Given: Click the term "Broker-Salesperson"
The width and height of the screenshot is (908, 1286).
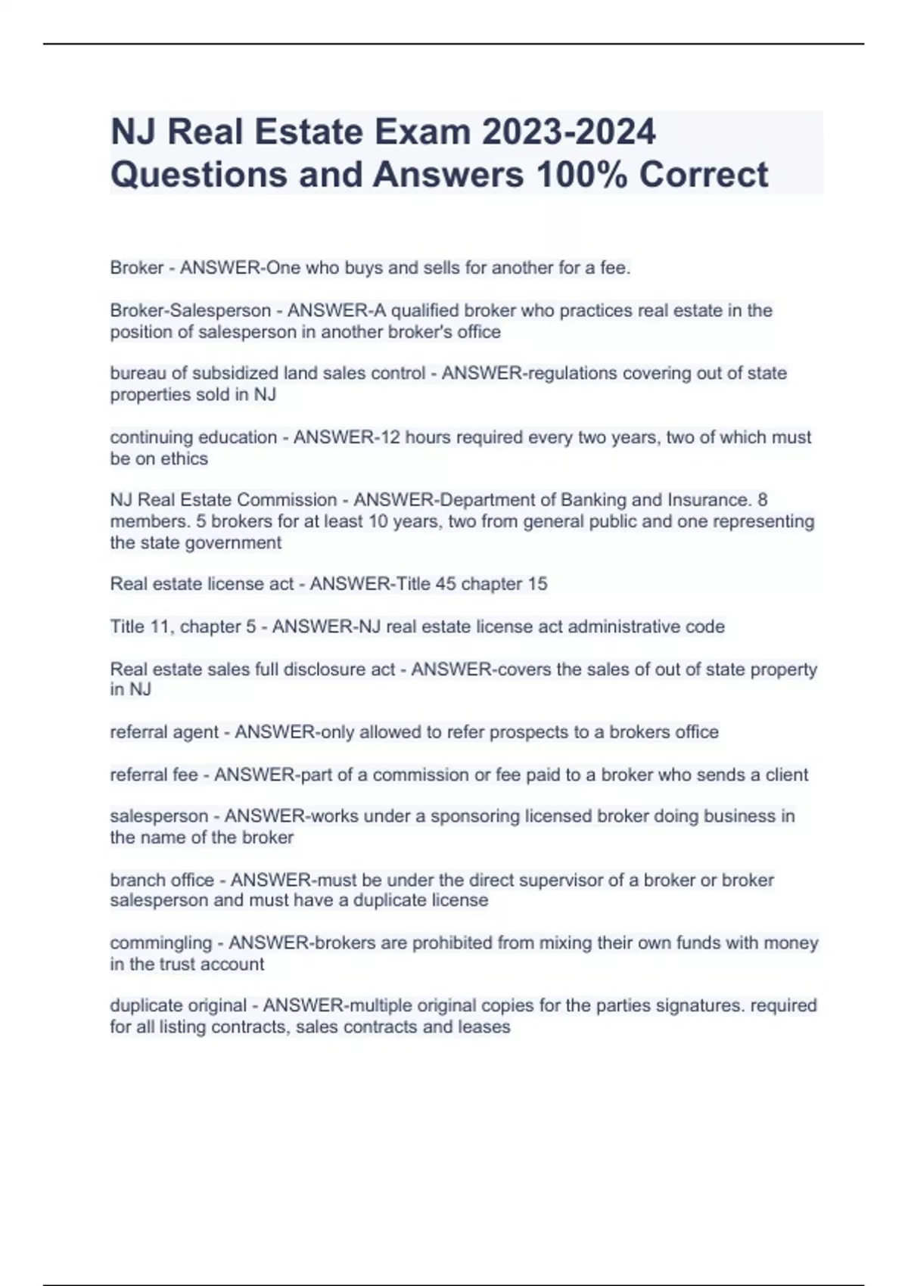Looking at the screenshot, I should coord(190,310).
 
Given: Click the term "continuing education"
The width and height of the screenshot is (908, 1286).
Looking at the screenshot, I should coord(193,437).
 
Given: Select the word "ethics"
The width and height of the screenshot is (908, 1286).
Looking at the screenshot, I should coord(184,458).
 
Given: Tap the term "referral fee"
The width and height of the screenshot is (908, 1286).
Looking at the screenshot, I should coord(154,775).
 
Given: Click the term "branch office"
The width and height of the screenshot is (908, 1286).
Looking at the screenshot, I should coord(162,880).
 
